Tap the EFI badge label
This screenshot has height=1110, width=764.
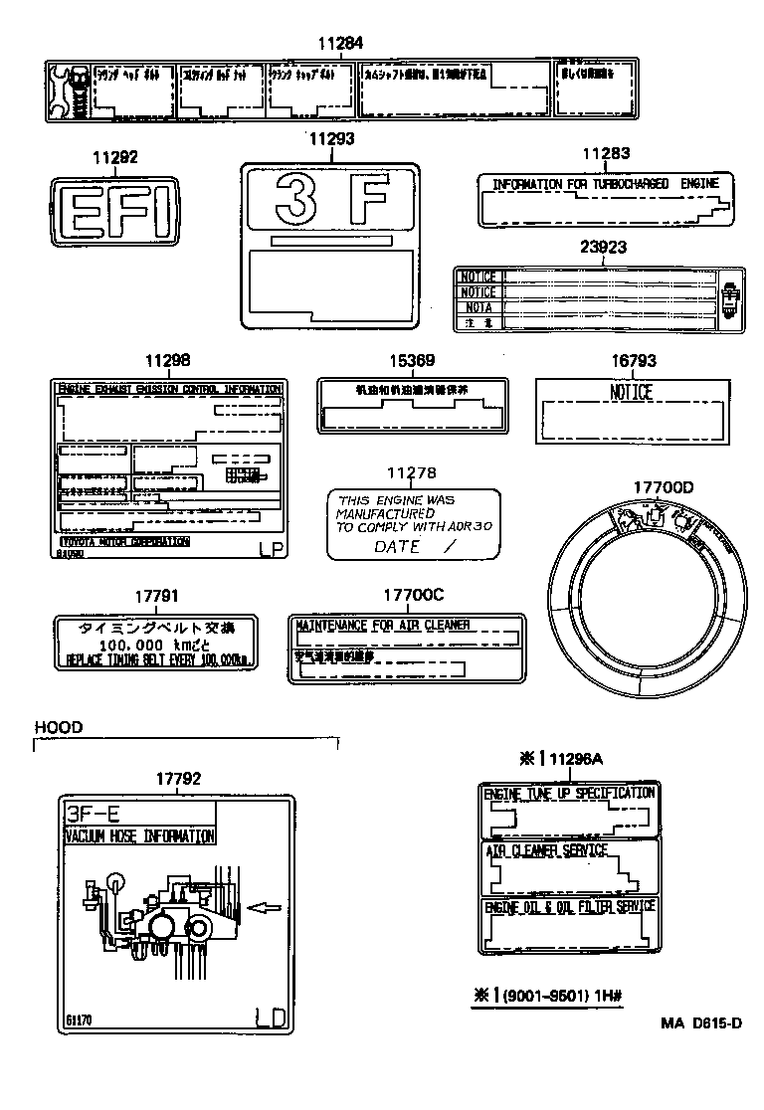pos(115,212)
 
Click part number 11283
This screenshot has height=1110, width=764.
pos(606,153)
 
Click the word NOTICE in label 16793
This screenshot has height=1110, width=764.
pos(631,393)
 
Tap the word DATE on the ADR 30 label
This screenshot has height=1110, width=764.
pos(397,547)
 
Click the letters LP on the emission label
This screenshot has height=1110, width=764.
pos(270,548)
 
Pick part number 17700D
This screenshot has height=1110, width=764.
pos(664,486)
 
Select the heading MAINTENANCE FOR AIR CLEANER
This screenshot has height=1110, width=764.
pos(382,626)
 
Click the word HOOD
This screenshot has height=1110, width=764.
pos(59,727)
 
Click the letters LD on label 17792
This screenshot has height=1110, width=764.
pos(271,1017)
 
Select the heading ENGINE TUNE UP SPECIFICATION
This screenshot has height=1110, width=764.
pos(569,793)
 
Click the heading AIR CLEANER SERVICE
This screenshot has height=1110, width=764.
pos(546,851)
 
